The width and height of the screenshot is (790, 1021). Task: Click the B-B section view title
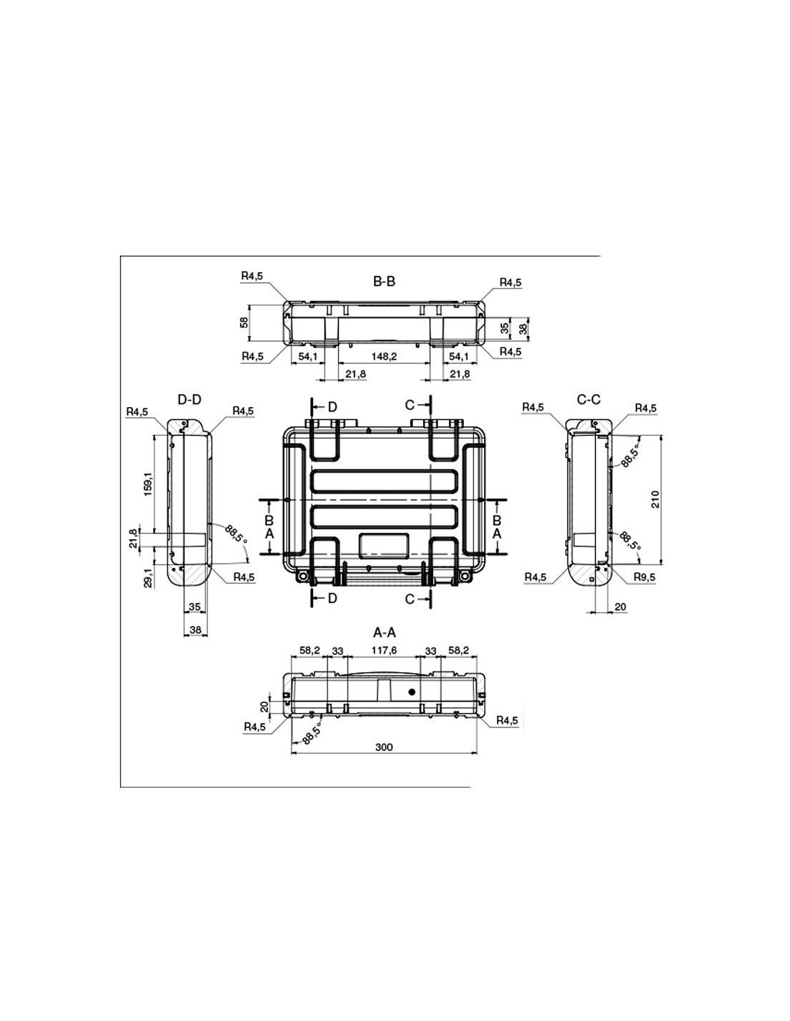[x=384, y=281]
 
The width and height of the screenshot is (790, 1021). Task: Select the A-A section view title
[x=384, y=633]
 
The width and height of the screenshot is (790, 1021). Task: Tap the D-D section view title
[x=190, y=399]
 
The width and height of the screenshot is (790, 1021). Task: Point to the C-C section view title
[x=588, y=399]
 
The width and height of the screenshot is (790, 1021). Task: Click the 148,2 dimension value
[x=384, y=356]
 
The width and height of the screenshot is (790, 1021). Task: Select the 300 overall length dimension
[x=384, y=747]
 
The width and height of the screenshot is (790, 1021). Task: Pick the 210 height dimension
[x=656, y=499]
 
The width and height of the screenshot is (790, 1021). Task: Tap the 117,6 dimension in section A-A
[x=384, y=651]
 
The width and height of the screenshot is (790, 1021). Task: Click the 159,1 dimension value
[x=148, y=484]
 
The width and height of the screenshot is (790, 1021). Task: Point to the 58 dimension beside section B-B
[x=244, y=323]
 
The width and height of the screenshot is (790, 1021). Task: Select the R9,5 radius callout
[x=644, y=577]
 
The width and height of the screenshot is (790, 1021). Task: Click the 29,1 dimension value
[x=148, y=577]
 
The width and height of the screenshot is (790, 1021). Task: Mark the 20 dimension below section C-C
[x=621, y=607]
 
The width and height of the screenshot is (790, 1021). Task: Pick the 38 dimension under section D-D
[x=195, y=630]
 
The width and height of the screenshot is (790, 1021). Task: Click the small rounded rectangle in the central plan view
[x=384, y=546]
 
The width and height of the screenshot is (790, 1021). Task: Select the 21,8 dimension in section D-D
[x=134, y=539]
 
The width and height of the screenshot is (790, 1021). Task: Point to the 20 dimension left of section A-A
[x=264, y=707]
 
